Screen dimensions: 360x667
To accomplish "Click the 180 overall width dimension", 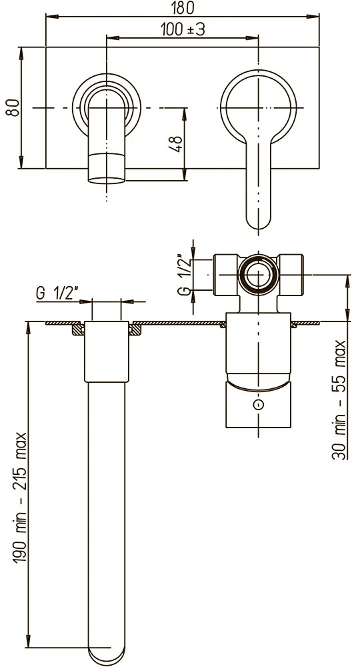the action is coord(183,7).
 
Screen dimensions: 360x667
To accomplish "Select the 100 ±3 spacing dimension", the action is coord(183,29).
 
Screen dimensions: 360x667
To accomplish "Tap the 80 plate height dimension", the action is coord(12,107).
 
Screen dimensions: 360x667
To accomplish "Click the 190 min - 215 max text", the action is coord(20,498).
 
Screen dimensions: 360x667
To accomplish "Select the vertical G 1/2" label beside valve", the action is coord(183,274).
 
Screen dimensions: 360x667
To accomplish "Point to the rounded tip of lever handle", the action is coord(259,221).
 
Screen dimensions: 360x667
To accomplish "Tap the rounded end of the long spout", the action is coord(106,657).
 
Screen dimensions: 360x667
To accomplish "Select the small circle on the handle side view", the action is coord(258,405).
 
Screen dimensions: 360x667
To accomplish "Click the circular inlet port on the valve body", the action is coord(258,275).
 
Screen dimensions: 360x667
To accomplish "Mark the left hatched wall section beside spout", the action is coord(78,329).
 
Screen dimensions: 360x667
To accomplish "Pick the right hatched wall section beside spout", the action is coord(135,329).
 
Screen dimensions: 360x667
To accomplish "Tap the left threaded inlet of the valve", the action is coord(225,275).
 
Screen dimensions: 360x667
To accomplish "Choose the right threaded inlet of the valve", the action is coord(291,275).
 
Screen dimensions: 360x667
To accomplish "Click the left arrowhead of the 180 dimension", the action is coord(52,17).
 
